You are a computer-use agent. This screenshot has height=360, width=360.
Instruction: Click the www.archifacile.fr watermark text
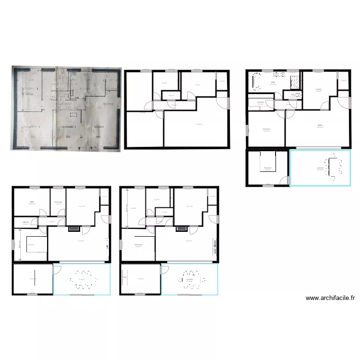point(331,298)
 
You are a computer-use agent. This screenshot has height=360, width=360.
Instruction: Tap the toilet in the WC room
point(298,96)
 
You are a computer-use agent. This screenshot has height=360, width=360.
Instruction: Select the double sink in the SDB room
point(280,74)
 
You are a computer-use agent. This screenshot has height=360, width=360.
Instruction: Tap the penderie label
point(261,102)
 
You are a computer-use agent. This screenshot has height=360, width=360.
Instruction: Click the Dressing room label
point(58,202)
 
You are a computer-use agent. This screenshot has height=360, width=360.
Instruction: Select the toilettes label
point(19,221)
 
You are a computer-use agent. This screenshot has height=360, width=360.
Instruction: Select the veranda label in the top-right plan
point(320,168)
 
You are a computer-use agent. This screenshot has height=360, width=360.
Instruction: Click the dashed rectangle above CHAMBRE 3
point(73,115)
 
